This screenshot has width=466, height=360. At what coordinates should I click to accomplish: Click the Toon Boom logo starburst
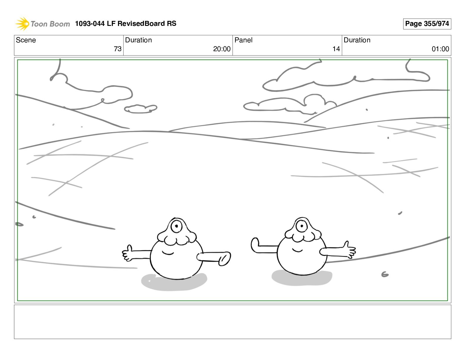click(x=22, y=24)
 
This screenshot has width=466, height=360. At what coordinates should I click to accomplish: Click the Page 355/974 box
click(x=427, y=24)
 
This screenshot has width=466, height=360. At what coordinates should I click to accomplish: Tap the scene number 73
click(x=118, y=49)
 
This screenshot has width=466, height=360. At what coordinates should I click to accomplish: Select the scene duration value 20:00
click(x=222, y=49)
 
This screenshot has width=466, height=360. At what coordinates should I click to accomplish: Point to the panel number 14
click(x=336, y=49)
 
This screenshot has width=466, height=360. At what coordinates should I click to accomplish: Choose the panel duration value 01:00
click(x=440, y=49)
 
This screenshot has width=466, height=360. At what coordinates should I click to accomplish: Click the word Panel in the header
click(x=243, y=40)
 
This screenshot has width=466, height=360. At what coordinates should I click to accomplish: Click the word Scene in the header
click(x=26, y=40)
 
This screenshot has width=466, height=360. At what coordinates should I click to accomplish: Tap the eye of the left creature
click(x=177, y=226)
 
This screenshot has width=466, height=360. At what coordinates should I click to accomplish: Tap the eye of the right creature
click(x=302, y=226)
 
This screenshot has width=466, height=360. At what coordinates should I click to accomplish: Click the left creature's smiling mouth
click(x=168, y=253)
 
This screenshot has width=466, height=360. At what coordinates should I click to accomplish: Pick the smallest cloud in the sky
click(x=141, y=109)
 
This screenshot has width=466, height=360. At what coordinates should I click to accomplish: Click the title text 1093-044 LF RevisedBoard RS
click(x=126, y=24)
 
